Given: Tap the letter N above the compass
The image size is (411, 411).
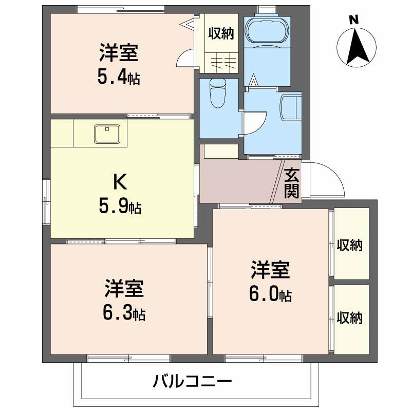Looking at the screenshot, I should click(353, 20).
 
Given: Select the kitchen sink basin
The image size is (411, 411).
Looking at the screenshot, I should click(107, 134).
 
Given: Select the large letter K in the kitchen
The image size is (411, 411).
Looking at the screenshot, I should click(119, 181).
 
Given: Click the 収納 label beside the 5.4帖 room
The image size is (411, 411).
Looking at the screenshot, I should click(221, 34).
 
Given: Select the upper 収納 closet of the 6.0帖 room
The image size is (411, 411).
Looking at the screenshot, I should click(350, 246).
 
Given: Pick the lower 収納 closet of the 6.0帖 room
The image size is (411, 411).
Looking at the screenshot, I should click(350, 317).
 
